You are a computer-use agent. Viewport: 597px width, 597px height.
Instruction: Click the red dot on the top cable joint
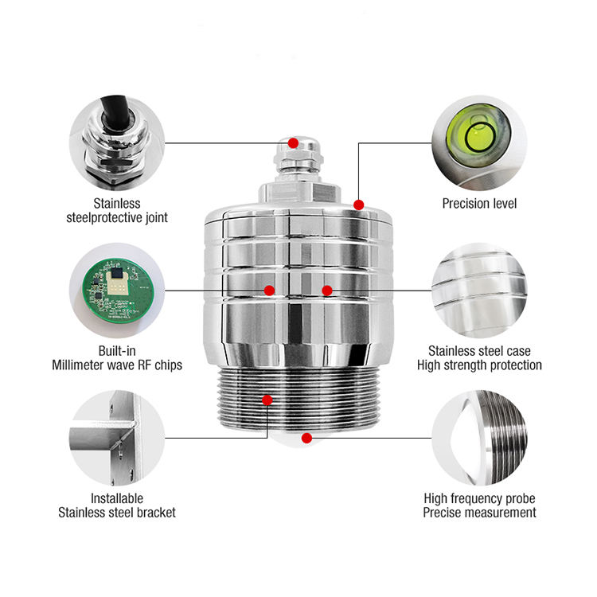[293, 143]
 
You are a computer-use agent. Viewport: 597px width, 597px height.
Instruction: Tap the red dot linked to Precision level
[359, 205]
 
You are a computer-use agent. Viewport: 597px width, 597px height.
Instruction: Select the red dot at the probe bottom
[306, 436]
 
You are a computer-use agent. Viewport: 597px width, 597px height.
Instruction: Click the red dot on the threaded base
[267, 400]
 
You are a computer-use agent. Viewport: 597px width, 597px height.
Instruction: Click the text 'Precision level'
[479, 204]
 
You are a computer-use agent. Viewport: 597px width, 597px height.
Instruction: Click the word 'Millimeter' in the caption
[83, 365]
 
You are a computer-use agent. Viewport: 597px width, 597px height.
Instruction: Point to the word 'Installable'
[117, 498]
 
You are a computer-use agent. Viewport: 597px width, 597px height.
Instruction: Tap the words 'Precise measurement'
[479, 513]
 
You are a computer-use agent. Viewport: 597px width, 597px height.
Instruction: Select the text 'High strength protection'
[479, 365]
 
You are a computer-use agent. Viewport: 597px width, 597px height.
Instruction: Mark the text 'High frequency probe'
[479, 498]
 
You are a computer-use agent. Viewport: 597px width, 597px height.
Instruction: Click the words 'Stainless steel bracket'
[117, 513]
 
